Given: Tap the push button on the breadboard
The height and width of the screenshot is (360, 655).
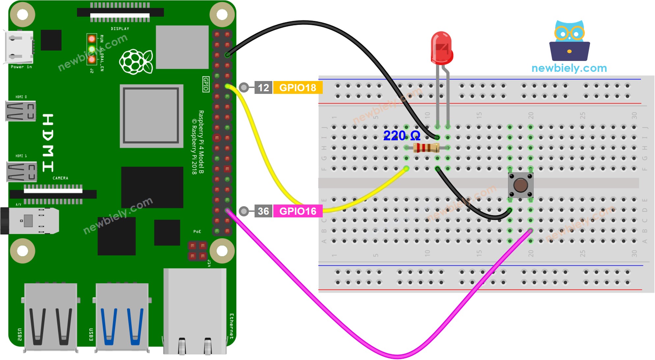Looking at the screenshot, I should click(x=520, y=185).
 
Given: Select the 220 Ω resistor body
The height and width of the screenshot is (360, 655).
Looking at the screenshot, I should click(x=426, y=148).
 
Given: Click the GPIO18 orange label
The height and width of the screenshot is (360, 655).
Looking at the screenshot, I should click(x=297, y=88).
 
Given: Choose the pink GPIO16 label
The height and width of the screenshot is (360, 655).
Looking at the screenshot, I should click(x=297, y=211).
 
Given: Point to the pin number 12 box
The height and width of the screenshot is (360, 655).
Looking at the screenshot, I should click(x=263, y=88).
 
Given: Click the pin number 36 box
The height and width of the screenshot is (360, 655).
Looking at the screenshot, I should click(x=263, y=211).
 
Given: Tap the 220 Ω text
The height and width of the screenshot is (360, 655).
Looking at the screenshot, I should click(x=402, y=136).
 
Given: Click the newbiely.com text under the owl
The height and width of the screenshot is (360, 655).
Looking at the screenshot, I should click(x=569, y=68).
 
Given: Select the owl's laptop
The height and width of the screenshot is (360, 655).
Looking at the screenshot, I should click(x=569, y=51).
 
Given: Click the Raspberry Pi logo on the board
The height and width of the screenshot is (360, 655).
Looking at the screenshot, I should click(x=136, y=62).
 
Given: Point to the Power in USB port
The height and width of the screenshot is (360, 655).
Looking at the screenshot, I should click(x=19, y=47).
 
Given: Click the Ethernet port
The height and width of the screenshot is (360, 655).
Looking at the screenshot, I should click(x=195, y=311).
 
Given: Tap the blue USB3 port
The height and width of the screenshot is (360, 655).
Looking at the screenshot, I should click(x=122, y=318).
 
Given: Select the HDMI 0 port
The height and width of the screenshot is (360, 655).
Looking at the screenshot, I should click(x=21, y=111).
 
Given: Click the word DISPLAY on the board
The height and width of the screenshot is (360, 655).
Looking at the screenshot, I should click(x=120, y=29).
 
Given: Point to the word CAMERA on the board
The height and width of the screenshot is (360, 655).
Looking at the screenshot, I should click(x=61, y=178).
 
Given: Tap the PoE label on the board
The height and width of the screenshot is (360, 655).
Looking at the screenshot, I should click(x=197, y=232).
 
